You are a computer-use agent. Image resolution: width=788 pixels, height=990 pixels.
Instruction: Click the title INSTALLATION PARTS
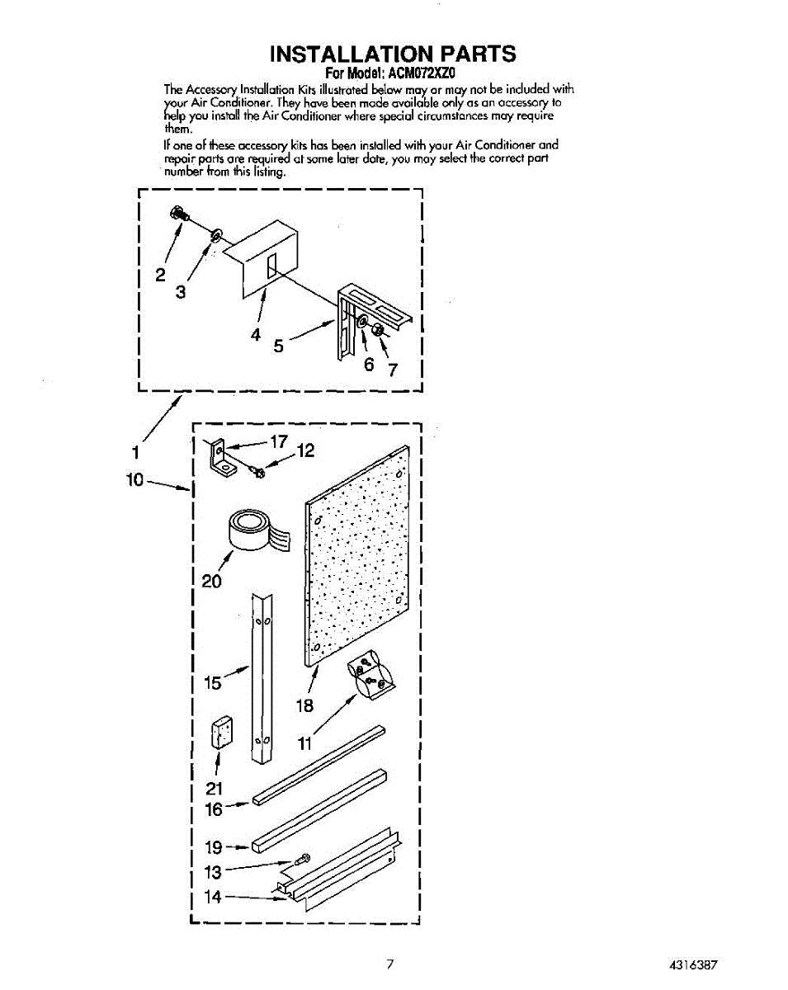coord(394,54)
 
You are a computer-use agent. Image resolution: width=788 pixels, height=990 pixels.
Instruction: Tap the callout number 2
coord(161,275)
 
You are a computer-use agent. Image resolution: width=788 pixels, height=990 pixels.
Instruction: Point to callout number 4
coord(256,335)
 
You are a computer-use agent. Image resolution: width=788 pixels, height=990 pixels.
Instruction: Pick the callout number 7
coord(394,370)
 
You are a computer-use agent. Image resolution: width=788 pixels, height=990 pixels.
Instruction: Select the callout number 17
coord(276,441)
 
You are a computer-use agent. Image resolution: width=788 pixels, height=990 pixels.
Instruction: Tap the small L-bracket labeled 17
coord(220,458)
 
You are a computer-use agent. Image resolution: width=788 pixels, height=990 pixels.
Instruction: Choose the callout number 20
coord(211,581)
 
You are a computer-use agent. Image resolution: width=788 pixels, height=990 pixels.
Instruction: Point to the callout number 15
coord(212,683)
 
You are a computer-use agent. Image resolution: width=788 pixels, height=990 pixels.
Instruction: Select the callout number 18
coord(305,705)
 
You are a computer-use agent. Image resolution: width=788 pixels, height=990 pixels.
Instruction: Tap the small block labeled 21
coord(220,732)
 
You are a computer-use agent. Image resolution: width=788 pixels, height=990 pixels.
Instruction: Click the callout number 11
coord(305,744)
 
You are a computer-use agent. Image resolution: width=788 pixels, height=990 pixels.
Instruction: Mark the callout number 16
coord(213,809)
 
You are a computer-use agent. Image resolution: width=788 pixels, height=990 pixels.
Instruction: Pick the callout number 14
coord(213,897)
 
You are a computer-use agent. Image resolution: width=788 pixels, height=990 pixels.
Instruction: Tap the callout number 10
coord(135,479)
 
